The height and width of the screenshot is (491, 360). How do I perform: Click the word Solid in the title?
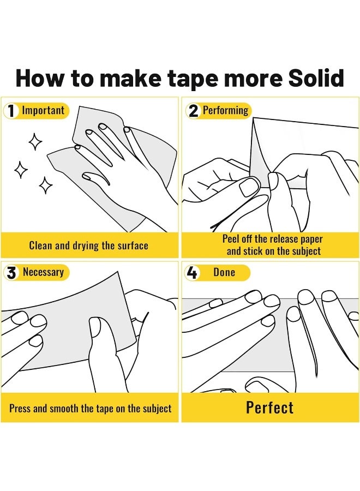pos(316,78)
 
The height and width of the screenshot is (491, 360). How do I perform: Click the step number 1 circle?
pos(11,111)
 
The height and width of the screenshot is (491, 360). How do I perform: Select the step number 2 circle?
pos(194,111)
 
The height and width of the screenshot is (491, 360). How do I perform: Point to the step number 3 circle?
pos(11,272)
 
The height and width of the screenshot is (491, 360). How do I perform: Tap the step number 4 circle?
pos(191,272)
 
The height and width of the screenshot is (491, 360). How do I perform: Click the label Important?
pos(43,110)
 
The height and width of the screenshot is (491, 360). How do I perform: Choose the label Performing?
pos(225,111)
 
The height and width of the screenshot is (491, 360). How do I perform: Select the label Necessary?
pos(43,272)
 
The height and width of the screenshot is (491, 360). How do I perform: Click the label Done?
pos(224,272)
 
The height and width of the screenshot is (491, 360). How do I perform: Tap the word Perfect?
pos(270,408)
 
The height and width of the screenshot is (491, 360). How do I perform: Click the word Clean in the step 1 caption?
pos(41,245)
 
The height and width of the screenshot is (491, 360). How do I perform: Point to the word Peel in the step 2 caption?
pos(231,239)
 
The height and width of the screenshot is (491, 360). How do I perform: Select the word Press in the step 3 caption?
pos(20,408)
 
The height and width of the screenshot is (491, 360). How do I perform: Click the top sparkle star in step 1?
pos(35,141)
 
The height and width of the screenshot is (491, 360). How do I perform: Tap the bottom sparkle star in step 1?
pos(46,185)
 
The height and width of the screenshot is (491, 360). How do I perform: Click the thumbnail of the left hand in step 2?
pos(249,187)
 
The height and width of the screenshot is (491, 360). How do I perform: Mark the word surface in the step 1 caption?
pos(133,245)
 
